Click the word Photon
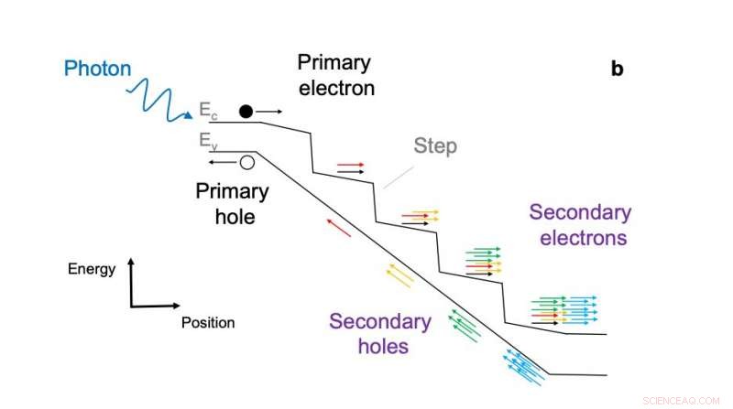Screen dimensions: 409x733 tap(98, 69)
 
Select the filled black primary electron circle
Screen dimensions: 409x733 tap(246, 112)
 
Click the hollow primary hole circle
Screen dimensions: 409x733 tap(246, 163)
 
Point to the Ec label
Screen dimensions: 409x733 tap(209, 112)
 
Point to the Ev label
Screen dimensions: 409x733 tap(209, 141)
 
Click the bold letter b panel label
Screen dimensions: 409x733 tap(617, 70)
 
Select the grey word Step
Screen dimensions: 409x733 tap(435, 145)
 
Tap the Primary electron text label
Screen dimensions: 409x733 tap(334, 75)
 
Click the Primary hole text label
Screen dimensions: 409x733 tap(232, 204)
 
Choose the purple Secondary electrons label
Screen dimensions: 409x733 tap(579, 225)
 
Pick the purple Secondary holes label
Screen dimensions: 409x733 tap(380, 334)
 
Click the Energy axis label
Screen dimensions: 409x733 tap(92, 269)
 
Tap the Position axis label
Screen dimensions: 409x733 tap(208, 322)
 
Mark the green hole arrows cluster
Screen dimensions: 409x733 tap(465, 324)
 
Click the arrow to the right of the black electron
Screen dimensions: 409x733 tap(269, 112)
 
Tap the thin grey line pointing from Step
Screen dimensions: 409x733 tap(397, 177)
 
